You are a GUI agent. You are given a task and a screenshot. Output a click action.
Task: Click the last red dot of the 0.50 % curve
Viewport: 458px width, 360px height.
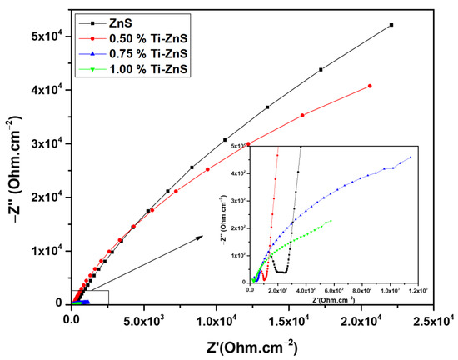[369, 86]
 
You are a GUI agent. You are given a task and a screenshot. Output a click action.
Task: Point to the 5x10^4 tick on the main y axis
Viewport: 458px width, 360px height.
[72, 36]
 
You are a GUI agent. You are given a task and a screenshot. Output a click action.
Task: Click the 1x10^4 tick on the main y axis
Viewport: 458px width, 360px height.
[72, 250]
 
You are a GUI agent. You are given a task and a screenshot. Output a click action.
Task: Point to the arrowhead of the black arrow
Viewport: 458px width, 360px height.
[204, 237]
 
